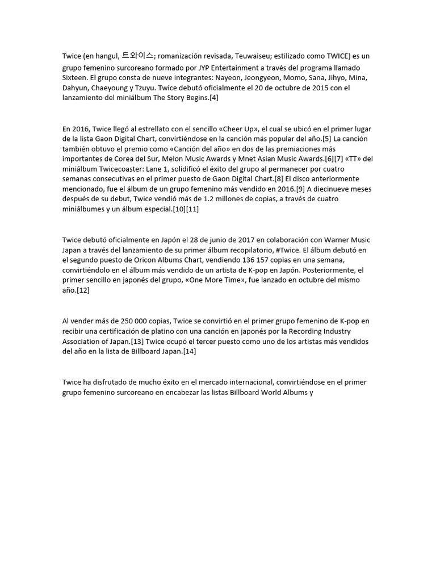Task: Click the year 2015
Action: point(305,87)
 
